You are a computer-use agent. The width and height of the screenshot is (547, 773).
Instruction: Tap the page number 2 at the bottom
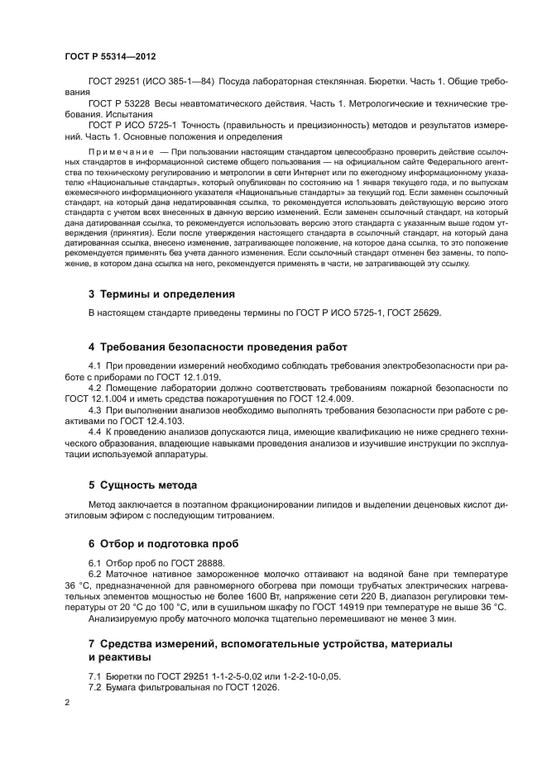[x=67, y=701]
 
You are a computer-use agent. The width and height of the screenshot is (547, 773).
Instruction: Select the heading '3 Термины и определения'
[x=161, y=293]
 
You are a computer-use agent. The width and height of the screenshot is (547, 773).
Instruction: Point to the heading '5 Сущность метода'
[x=142, y=484]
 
